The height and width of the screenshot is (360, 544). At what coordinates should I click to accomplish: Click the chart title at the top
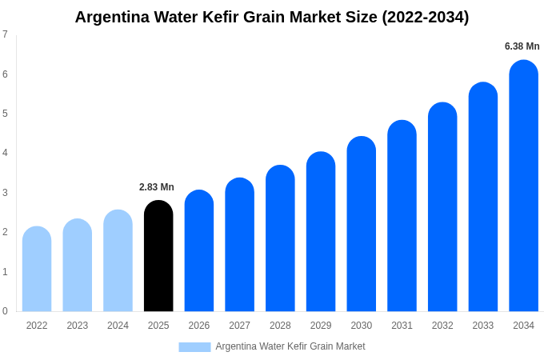point(272,17)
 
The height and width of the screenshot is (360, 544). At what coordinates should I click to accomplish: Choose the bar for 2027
point(239,245)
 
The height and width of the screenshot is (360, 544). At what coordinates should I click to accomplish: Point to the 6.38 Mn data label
point(522,46)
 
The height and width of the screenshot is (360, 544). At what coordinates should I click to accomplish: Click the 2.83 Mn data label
point(157,187)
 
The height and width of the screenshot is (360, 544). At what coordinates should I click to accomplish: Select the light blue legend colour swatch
point(194,347)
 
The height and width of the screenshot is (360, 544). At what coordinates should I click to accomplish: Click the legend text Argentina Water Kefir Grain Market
point(290,346)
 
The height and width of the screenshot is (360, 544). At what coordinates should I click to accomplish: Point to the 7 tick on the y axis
point(5,34)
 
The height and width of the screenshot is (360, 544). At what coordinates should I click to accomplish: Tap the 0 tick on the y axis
point(5,311)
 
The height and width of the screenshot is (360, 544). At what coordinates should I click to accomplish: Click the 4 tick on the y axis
point(5,153)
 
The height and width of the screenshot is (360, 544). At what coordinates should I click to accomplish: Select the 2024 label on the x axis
point(118,326)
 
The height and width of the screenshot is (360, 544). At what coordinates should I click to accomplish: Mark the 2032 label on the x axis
point(442,326)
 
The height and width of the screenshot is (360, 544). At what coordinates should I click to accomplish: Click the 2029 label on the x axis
point(321,326)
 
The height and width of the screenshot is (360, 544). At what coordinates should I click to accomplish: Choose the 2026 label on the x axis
point(199,326)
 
